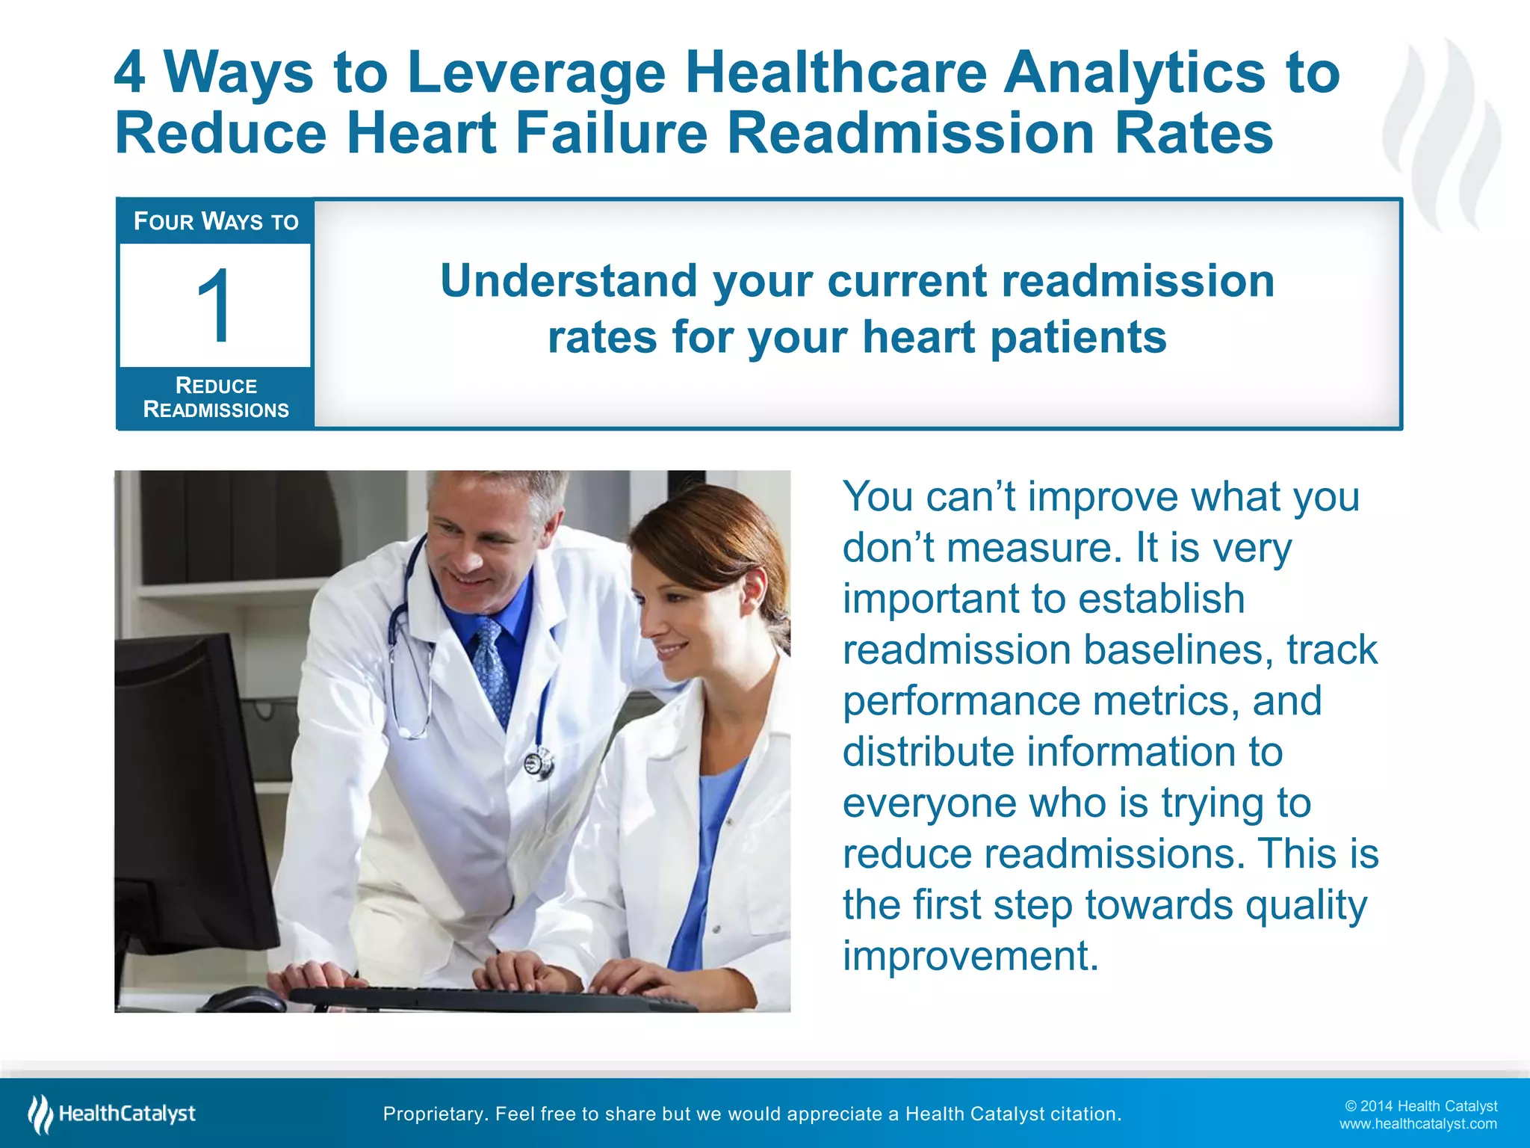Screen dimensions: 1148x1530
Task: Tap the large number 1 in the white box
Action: (214, 306)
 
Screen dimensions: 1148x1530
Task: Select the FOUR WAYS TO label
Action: (216, 221)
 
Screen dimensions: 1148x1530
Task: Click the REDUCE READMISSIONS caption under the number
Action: (216, 398)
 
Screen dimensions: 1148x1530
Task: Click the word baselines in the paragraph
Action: (1178, 649)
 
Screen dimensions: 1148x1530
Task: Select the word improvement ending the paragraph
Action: (970, 955)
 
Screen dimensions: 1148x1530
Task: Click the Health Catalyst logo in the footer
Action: (112, 1114)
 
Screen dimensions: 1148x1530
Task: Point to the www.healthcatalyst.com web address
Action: (1418, 1124)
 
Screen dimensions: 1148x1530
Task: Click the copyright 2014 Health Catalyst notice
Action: (1421, 1106)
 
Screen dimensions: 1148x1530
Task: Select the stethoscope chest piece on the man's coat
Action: (537, 763)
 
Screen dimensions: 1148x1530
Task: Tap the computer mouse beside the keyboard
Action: (243, 999)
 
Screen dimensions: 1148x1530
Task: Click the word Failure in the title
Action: (611, 133)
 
